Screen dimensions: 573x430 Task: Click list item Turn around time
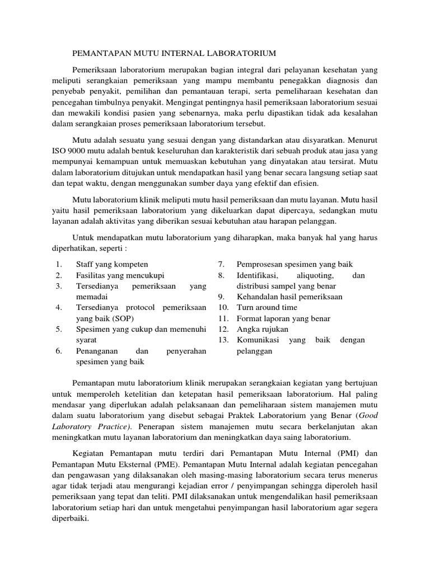pos(267,307)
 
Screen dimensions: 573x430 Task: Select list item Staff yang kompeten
pos(112,264)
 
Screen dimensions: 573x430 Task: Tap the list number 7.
pos(221,264)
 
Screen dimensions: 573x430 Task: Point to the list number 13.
pos(223,340)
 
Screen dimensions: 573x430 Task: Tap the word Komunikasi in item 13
pos(259,340)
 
